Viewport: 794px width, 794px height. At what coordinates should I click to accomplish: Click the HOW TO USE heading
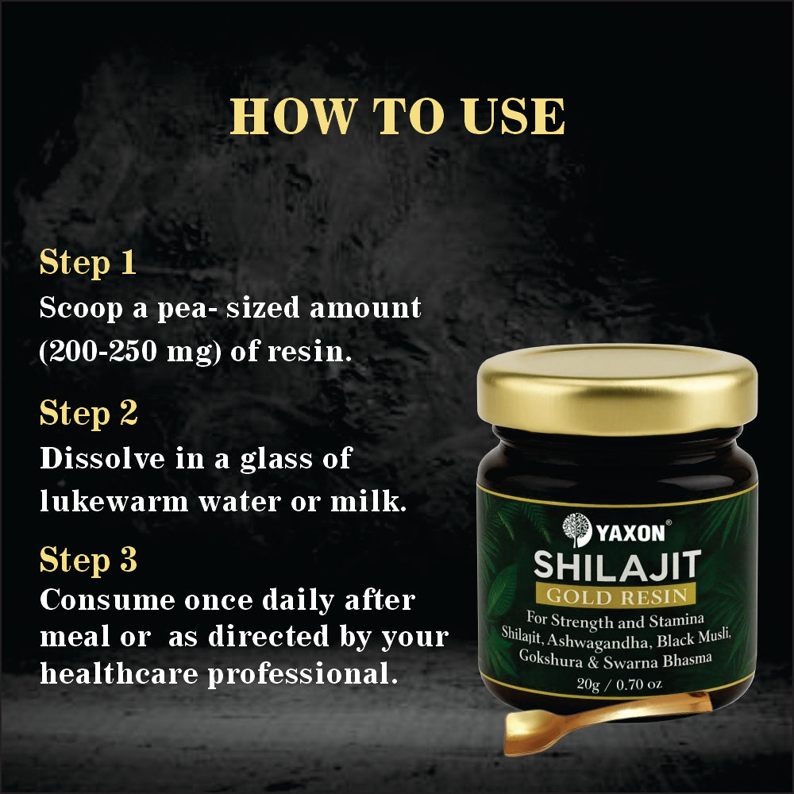397,118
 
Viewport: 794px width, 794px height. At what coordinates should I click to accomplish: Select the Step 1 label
88,264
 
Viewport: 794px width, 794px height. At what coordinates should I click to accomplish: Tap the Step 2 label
89,413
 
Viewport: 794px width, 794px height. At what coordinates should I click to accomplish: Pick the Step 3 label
89,560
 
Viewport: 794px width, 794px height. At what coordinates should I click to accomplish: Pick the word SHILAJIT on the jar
617,565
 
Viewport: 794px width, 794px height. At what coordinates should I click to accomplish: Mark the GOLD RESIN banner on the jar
617,594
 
